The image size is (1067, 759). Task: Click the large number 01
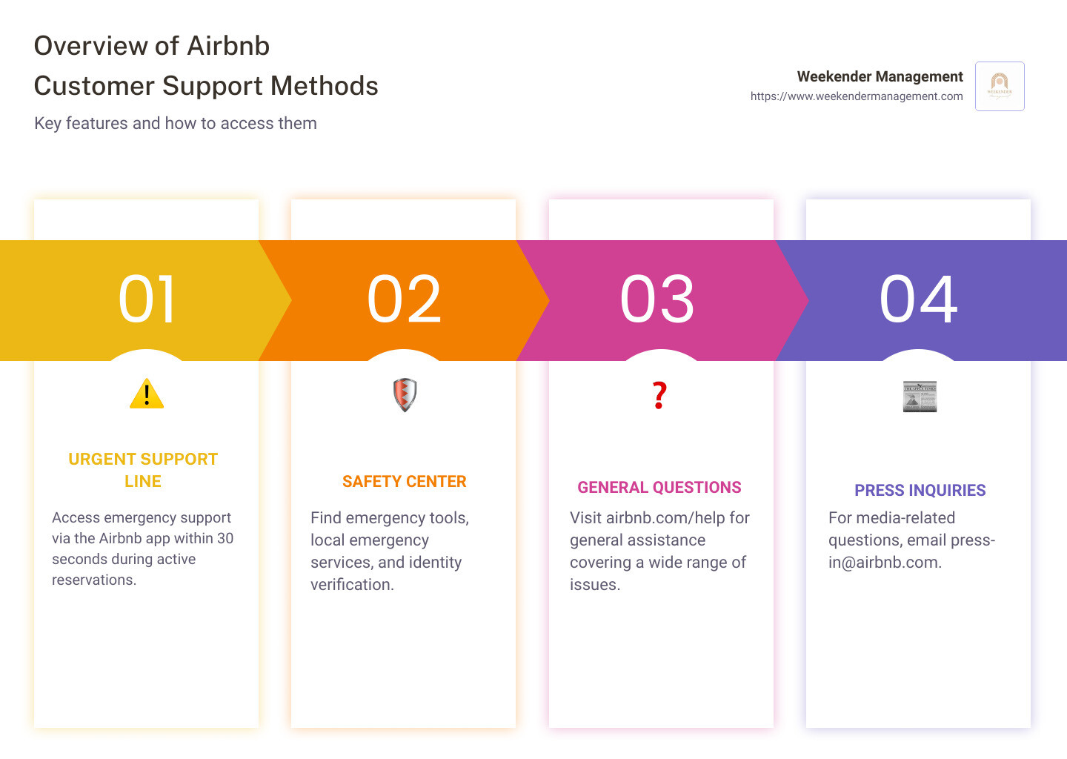click(147, 299)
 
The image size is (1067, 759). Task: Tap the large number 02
click(404, 299)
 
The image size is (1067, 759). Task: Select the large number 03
click(657, 299)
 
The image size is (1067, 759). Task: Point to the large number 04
click(918, 299)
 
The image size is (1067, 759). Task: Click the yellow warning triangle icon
click(147, 394)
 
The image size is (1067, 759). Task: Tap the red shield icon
click(405, 395)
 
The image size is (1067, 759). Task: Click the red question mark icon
click(659, 395)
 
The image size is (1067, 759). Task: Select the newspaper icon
click(920, 397)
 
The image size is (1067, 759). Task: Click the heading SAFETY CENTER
click(404, 482)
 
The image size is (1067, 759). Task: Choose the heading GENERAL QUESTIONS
click(659, 488)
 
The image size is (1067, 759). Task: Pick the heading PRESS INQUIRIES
click(920, 491)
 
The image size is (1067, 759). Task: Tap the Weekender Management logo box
click(1000, 87)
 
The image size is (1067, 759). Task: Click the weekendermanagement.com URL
click(857, 96)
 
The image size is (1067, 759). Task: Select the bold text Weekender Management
click(880, 76)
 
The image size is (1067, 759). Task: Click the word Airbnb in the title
click(228, 46)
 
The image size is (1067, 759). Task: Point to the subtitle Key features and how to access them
click(176, 124)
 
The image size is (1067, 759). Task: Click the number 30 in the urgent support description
click(225, 539)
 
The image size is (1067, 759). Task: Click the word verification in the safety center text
click(352, 585)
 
